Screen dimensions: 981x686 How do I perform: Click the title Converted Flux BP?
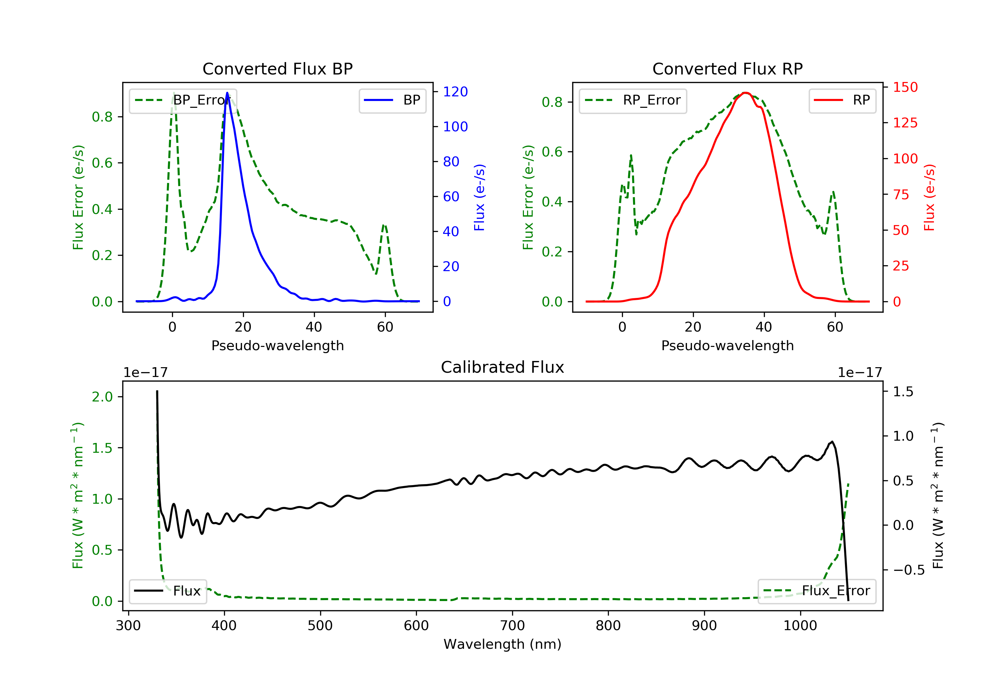coord(277,69)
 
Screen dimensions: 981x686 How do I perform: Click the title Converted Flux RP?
coord(727,69)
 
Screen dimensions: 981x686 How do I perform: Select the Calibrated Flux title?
coord(503,367)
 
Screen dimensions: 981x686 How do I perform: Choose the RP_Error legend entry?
coord(633,100)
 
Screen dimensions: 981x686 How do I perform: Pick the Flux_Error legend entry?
coord(817,591)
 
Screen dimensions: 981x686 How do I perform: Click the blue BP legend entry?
coord(392,100)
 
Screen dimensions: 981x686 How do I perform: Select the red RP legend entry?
coord(842,100)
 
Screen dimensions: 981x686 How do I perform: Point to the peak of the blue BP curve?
coord(227,93)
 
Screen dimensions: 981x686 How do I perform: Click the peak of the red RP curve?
coord(746,93)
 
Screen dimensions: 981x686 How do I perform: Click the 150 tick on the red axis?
coord(905,87)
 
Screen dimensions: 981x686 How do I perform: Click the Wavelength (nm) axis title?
coord(503,644)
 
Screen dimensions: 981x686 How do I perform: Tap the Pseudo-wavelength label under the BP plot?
coord(278,345)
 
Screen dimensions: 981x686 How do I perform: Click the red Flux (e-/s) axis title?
coord(929,197)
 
